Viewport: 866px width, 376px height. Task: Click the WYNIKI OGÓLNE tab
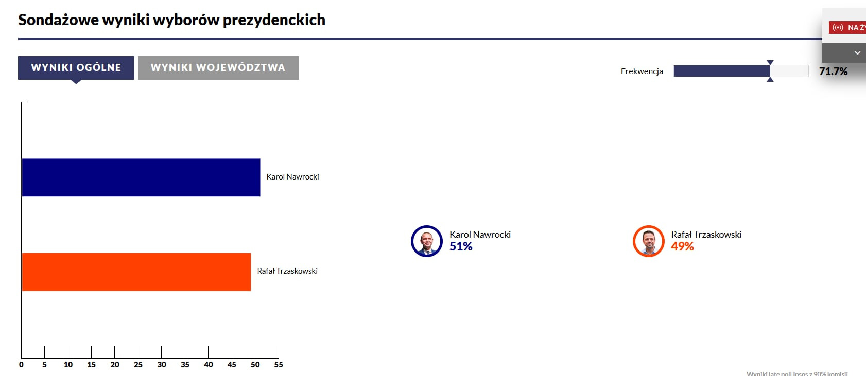[76, 68]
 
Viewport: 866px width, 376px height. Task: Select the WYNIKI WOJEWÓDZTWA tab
[218, 68]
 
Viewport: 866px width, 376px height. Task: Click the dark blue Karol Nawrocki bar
[141, 177]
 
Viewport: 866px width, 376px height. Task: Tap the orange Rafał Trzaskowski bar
[136, 272]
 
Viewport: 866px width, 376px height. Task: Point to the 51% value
[461, 247]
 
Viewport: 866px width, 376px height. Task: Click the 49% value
[682, 247]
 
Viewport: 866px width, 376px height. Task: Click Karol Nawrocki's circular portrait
[427, 241]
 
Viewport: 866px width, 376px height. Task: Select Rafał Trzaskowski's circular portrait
[649, 241]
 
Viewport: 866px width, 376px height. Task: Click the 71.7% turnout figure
[833, 71]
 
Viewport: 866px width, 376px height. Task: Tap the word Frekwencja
[642, 71]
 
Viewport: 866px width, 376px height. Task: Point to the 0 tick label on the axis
[21, 365]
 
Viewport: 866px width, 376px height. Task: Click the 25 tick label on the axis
[138, 365]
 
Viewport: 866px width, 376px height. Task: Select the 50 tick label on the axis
[255, 365]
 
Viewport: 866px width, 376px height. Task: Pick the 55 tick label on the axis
[279, 365]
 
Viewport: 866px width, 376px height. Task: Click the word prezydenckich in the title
[274, 20]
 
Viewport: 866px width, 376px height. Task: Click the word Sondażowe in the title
[58, 20]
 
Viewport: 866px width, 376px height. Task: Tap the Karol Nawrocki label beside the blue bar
[292, 177]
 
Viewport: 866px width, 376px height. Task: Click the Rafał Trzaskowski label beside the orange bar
[287, 271]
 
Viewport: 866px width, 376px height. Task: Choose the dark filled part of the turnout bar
[721, 71]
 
